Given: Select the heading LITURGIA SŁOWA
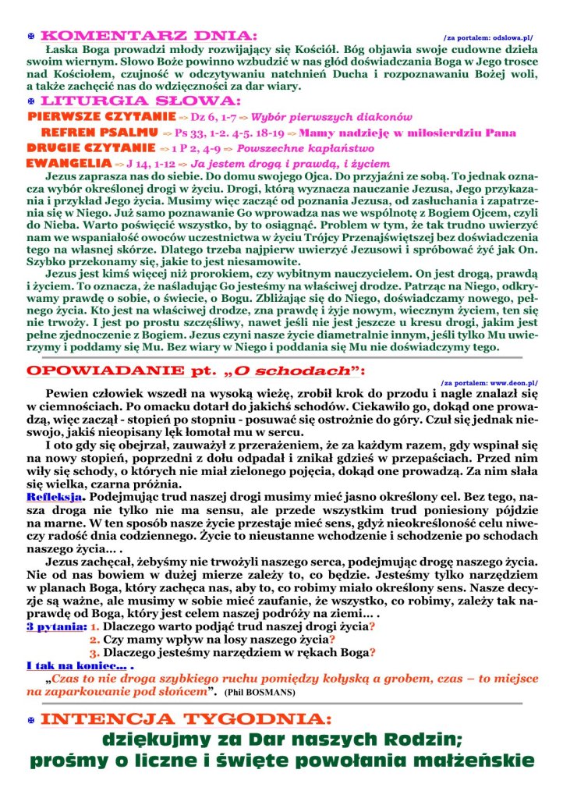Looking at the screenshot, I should (140, 101).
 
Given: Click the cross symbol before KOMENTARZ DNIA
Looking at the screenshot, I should (30, 36).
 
